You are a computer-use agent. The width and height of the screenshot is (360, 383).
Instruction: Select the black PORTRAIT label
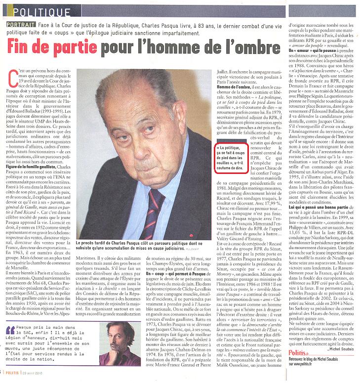click(x=21, y=25)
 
